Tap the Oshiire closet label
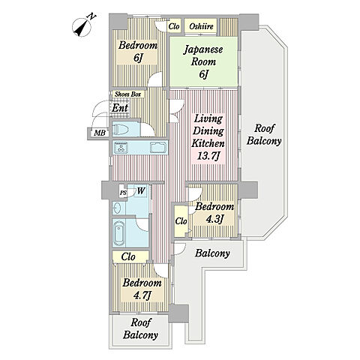click(201, 26)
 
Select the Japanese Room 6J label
click(203, 61)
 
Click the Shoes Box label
click(127, 94)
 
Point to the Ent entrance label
click(120, 108)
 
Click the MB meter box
click(100, 133)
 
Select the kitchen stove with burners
click(121, 148)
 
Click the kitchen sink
click(158, 147)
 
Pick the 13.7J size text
click(208, 156)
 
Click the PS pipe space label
click(123, 193)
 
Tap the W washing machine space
click(140, 191)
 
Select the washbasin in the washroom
click(117, 208)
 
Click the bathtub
click(119, 233)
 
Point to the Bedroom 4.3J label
click(214, 212)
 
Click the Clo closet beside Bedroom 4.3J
click(181, 221)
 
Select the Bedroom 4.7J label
click(142, 289)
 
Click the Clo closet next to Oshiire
click(173, 26)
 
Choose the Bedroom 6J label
click(138, 51)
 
